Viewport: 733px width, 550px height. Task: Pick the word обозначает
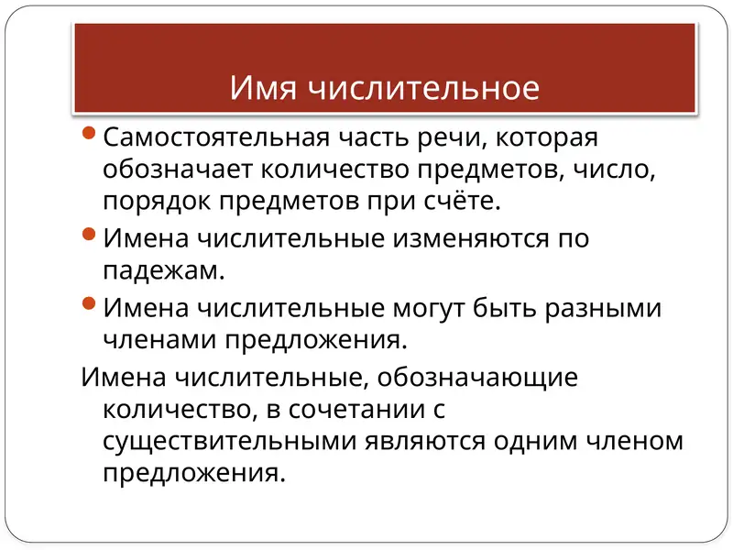coord(181,170)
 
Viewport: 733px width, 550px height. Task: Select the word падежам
coord(163,270)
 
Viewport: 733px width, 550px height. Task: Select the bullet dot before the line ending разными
coord(89,305)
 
